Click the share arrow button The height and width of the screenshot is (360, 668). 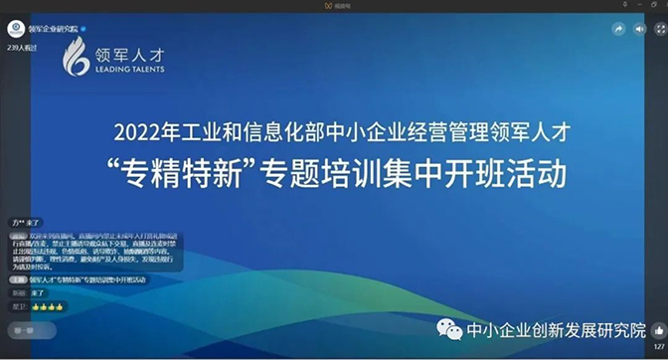tap(618, 30)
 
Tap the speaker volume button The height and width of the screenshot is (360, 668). tap(640, 30)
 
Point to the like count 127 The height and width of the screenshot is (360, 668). tap(659, 346)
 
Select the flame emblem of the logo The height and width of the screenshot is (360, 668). tap(76, 58)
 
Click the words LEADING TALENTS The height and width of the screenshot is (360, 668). tap(128, 71)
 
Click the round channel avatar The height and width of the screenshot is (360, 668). tap(16, 29)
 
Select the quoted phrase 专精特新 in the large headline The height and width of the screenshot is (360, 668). tap(191, 173)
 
